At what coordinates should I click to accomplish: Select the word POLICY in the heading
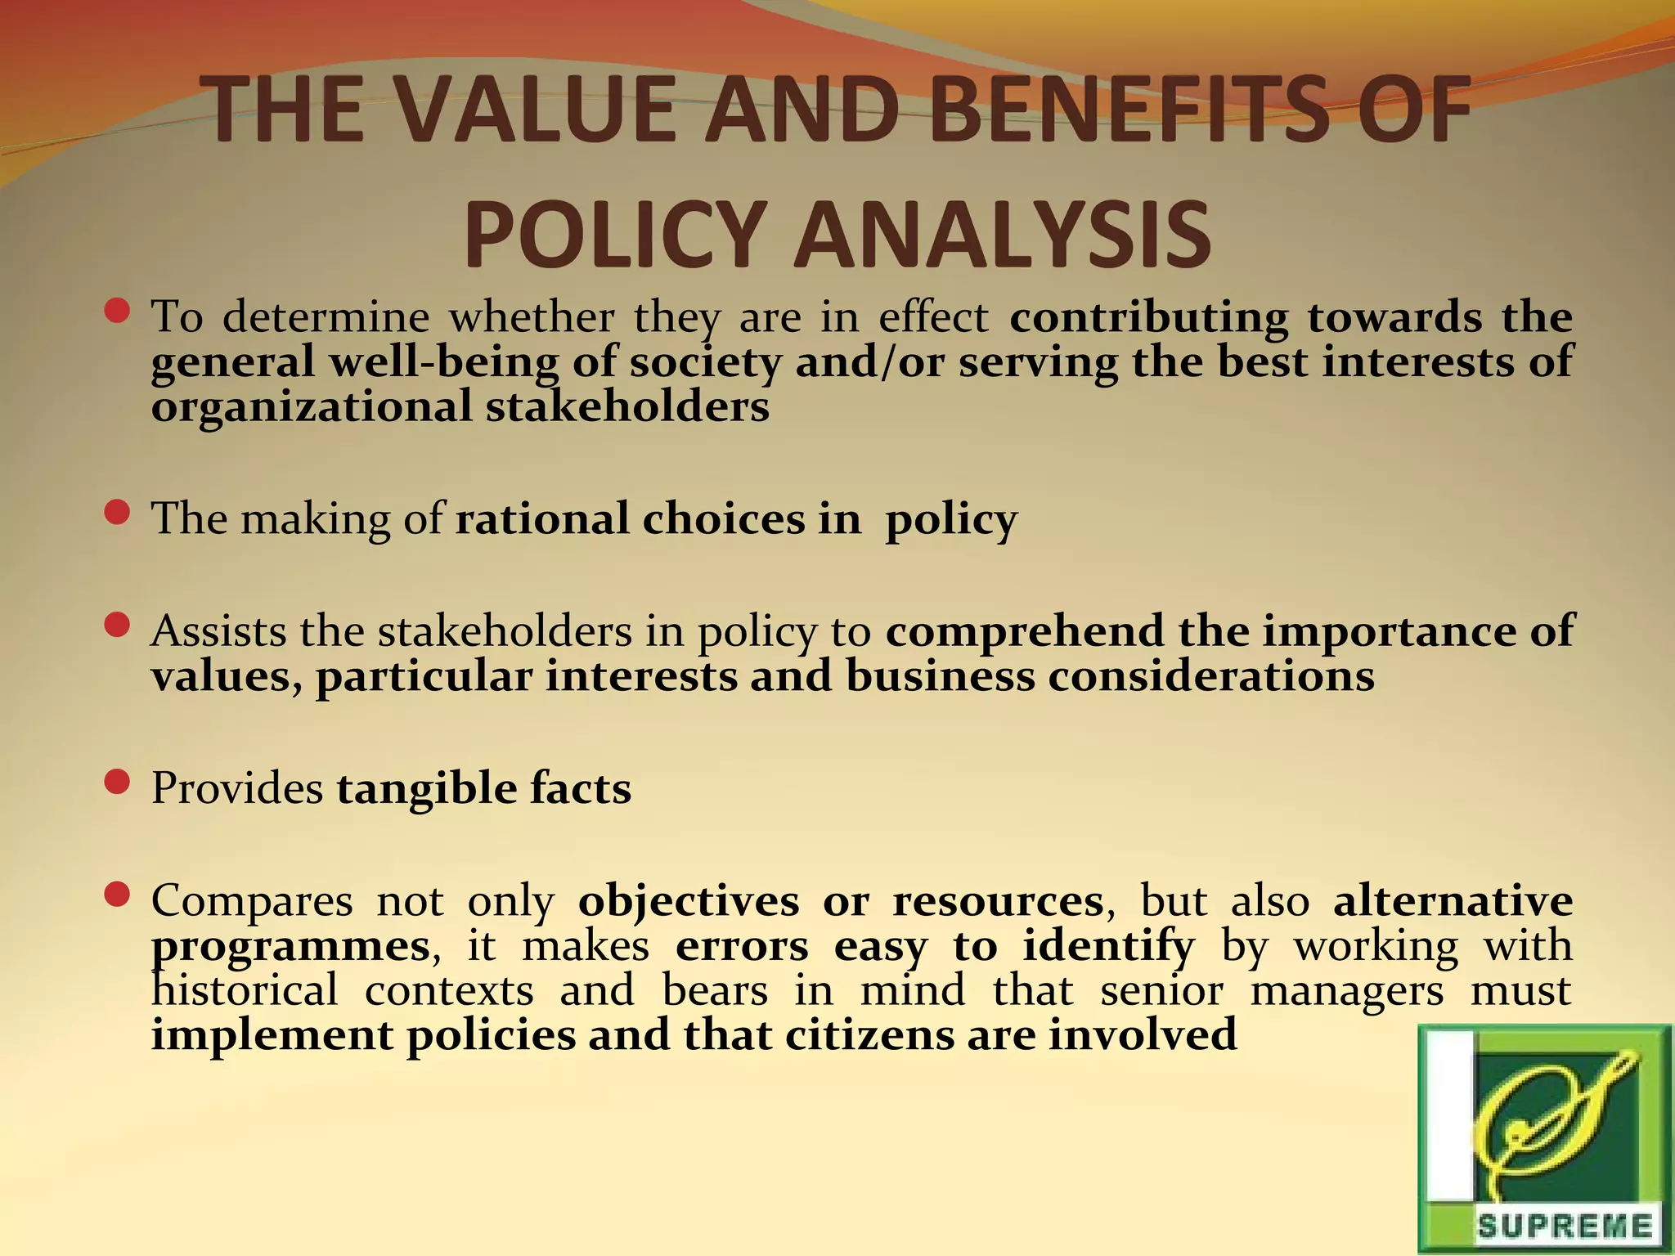(613, 234)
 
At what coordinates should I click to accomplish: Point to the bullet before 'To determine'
(118, 311)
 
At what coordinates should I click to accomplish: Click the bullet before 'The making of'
(118, 513)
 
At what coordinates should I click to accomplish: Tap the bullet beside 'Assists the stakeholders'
(118, 626)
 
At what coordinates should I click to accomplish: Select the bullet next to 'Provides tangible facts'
(118, 783)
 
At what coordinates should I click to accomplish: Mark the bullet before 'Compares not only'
(118, 895)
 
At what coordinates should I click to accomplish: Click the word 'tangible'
(426, 789)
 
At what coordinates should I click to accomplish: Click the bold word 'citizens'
(870, 1035)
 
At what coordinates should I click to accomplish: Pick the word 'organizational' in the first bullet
(312, 406)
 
